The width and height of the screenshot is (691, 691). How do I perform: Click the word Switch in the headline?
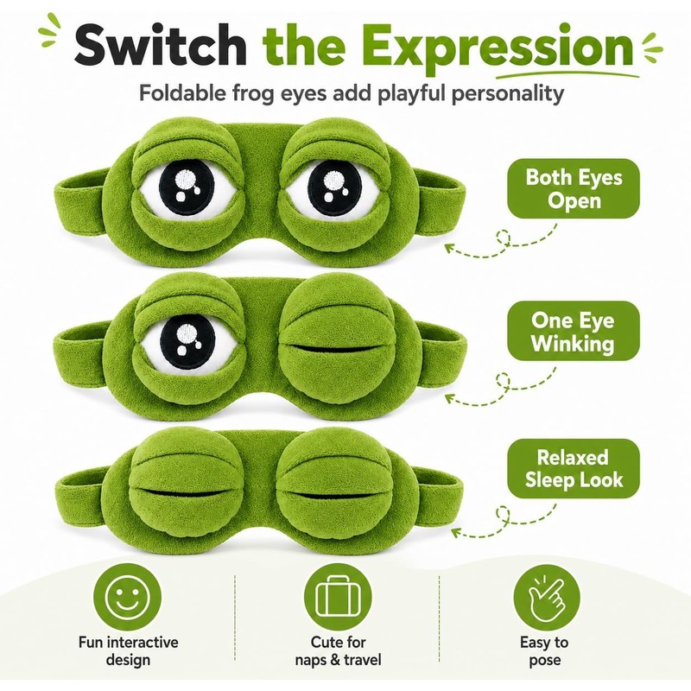pyautogui.click(x=161, y=46)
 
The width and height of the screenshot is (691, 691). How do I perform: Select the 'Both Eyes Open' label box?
pyautogui.click(x=574, y=188)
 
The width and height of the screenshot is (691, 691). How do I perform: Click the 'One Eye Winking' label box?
pyautogui.click(x=574, y=331)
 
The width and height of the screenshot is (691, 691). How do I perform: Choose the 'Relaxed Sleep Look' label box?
pyautogui.click(x=574, y=468)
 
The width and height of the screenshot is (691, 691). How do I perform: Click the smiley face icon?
pyautogui.click(x=128, y=597)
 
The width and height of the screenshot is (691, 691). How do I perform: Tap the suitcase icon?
pyautogui.click(x=338, y=597)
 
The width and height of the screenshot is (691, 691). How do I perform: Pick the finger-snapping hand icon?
pyautogui.click(x=547, y=597)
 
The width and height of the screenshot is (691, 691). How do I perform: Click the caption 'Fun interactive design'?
pyautogui.click(x=128, y=651)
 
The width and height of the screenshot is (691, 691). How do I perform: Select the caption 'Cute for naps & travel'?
pyautogui.click(x=338, y=651)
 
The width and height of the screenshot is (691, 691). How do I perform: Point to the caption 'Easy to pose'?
pyautogui.click(x=545, y=651)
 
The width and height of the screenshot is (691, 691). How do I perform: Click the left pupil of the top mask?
pyautogui.click(x=187, y=187)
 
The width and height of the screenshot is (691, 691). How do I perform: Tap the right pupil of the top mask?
pyautogui.click(x=334, y=187)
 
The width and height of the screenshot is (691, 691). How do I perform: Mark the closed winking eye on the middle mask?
pyautogui.click(x=336, y=345)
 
